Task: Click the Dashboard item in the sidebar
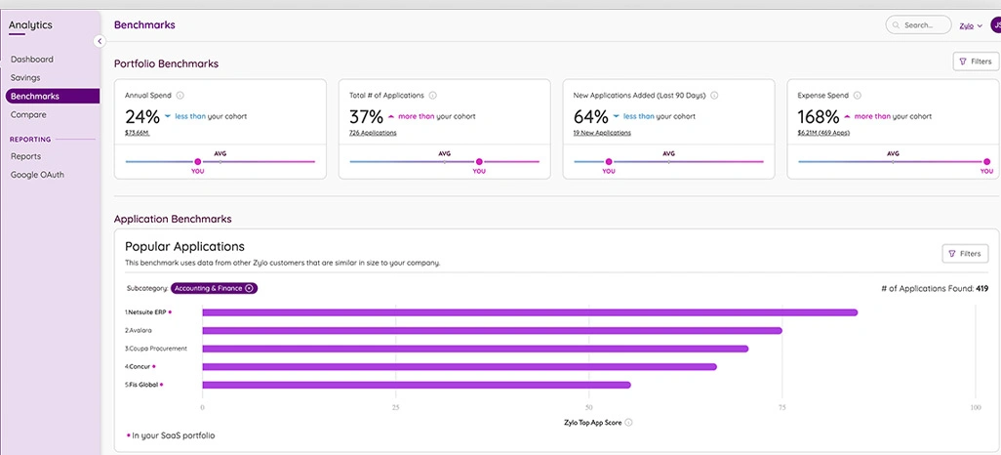pyautogui.click(x=32, y=60)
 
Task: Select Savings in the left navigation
pyautogui.click(x=25, y=77)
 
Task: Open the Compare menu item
pyautogui.click(x=28, y=114)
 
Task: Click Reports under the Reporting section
pyautogui.click(x=25, y=156)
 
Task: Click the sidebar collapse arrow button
pyautogui.click(x=100, y=41)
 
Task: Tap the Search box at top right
pyautogui.click(x=918, y=25)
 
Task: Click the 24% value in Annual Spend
pyautogui.click(x=141, y=117)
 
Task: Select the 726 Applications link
pyautogui.click(x=373, y=133)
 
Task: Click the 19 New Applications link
pyautogui.click(x=602, y=133)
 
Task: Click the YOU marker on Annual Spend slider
pyautogui.click(x=198, y=162)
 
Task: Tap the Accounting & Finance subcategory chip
pyautogui.click(x=214, y=288)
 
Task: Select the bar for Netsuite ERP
pyautogui.click(x=529, y=312)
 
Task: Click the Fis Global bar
pyautogui.click(x=416, y=385)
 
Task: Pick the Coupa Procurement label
pyautogui.click(x=155, y=349)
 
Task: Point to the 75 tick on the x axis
pyautogui.click(x=782, y=406)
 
